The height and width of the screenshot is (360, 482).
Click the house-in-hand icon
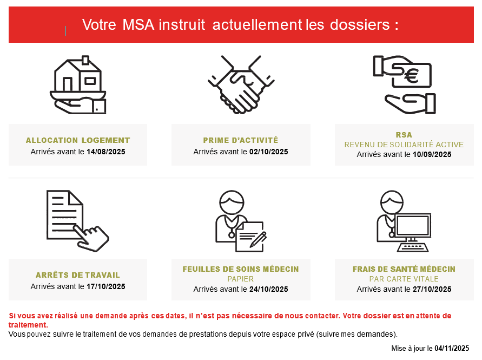point(78,85)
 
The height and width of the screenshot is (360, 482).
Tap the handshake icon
point(241,84)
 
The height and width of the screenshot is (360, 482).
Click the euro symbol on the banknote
point(412,75)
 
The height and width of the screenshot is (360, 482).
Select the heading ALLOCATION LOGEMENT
point(78,140)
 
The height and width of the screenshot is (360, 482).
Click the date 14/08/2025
point(105,152)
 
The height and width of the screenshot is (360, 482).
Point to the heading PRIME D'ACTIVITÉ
point(241,140)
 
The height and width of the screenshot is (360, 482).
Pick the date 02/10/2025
point(269,152)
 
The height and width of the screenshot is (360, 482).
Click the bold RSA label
point(404,135)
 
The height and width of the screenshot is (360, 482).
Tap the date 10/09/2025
point(432,154)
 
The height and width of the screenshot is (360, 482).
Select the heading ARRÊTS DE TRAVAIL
point(78,275)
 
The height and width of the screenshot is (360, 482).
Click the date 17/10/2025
point(105,286)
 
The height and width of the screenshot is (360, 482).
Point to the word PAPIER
point(241,279)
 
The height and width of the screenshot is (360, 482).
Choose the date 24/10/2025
point(269,289)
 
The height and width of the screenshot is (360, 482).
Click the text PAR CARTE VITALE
point(404,279)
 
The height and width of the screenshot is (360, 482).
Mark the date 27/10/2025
point(432,289)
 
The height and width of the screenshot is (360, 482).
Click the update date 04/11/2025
point(452,348)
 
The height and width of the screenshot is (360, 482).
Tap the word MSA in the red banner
point(138,24)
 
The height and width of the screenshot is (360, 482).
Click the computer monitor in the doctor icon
point(413,228)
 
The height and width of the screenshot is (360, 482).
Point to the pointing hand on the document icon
point(91,238)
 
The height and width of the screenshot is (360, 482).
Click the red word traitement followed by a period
point(28,325)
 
